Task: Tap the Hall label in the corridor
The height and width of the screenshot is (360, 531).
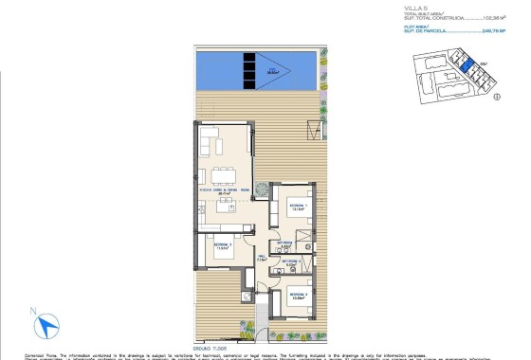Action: click(260, 256)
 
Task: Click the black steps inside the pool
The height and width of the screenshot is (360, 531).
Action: click(249, 70)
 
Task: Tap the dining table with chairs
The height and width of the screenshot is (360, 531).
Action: click(225, 174)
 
